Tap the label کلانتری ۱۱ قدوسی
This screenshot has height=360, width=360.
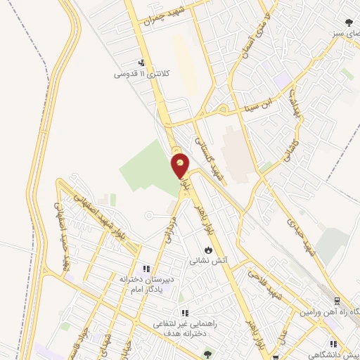(141, 74)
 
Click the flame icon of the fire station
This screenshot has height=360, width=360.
(208, 250)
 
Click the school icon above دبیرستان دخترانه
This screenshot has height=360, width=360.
(146, 268)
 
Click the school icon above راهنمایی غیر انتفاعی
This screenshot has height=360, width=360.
(184, 313)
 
